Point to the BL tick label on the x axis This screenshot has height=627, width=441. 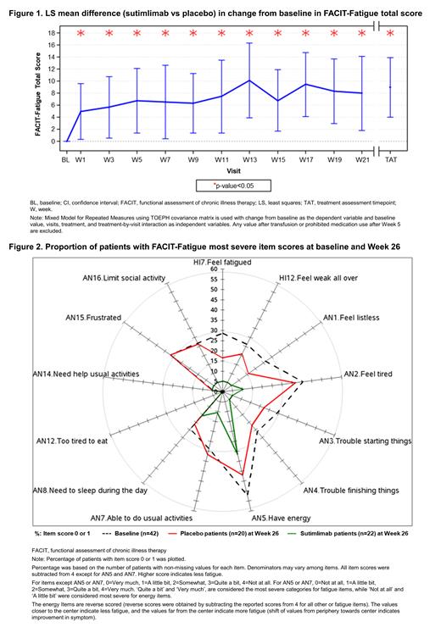pyautogui.click(x=65, y=158)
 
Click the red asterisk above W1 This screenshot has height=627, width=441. pyautogui.click(x=81, y=34)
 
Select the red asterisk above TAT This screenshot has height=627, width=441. pyautogui.click(x=390, y=34)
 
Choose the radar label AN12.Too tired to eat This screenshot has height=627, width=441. pyautogui.click(x=72, y=441)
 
